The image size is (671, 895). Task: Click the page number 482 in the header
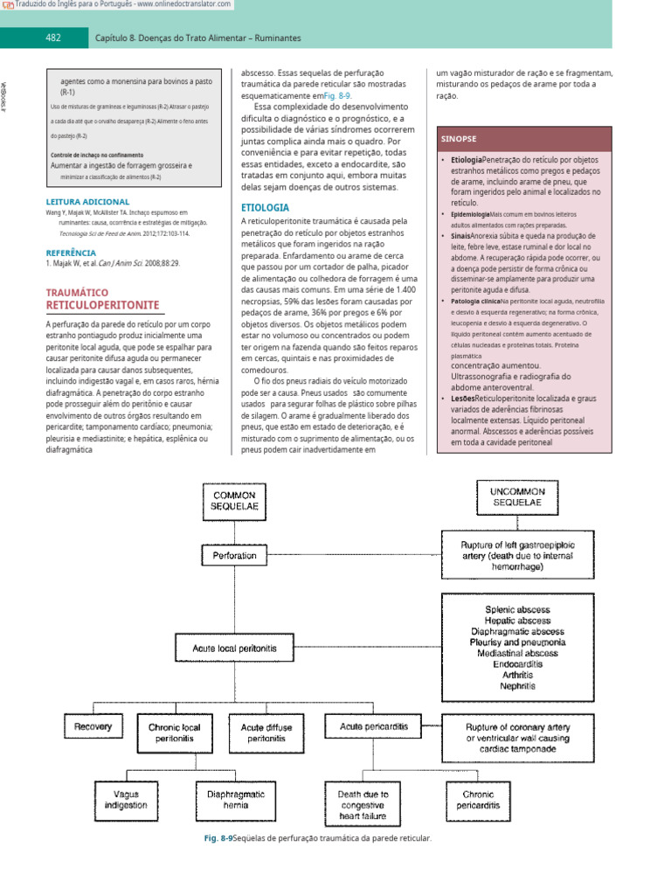[x=52, y=38]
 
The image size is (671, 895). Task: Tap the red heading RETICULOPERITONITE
[x=102, y=304]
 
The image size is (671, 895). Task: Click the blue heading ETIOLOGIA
[x=265, y=208]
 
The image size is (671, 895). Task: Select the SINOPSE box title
[x=460, y=139]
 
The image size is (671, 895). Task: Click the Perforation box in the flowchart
[x=234, y=554]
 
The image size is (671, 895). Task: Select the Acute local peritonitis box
[x=234, y=649]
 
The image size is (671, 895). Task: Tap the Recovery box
[x=93, y=726]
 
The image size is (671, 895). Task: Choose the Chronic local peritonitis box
[x=175, y=732]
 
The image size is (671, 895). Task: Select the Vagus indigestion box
[x=125, y=799]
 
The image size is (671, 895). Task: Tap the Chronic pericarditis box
[x=476, y=799]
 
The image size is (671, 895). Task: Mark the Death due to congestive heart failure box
[x=363, y=804]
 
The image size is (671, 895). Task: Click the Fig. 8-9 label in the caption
[x=217, y=838]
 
